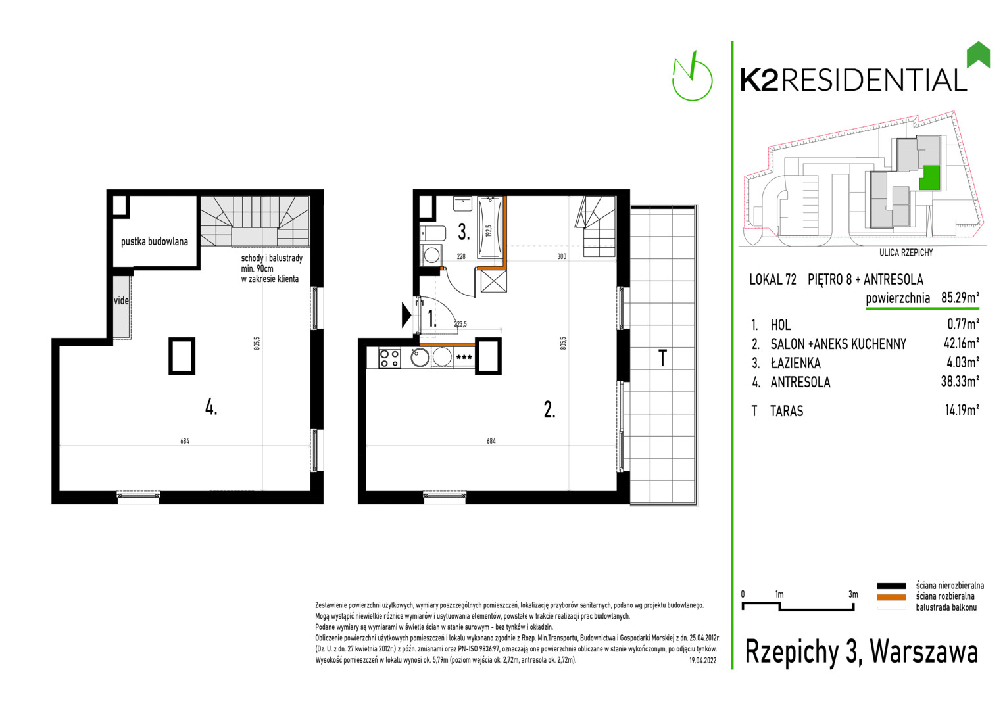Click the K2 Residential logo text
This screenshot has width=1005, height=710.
[x=853, y=80]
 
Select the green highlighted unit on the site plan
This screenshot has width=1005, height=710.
[x=929, y=178]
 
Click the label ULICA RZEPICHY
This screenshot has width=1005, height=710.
[x=906, y=253]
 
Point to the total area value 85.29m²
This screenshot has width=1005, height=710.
[x=960, y=297]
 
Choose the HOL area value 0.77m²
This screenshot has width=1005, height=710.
[x=963, y=324]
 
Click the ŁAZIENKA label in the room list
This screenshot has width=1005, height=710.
[x=795, y=362]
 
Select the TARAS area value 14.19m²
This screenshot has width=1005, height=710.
[x=962, y=410]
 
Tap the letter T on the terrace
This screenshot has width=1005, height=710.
[x=662, y=358]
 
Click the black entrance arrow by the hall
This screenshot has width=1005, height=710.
[x=406, y=314]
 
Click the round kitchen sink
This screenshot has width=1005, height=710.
[x=420, y=358]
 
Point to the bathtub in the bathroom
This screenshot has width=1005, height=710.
[x=489, y=227]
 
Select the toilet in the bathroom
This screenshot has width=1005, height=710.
[x=433, y=233]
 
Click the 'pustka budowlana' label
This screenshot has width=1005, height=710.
[x=155, y=241]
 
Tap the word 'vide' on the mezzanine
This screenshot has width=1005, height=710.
[x=121, y=300]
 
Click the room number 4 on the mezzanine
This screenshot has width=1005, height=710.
[x=211, y=407]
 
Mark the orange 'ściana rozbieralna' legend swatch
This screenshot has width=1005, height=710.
[x=891, y=597]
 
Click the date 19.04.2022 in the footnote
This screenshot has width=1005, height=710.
[x=703, y=661]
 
